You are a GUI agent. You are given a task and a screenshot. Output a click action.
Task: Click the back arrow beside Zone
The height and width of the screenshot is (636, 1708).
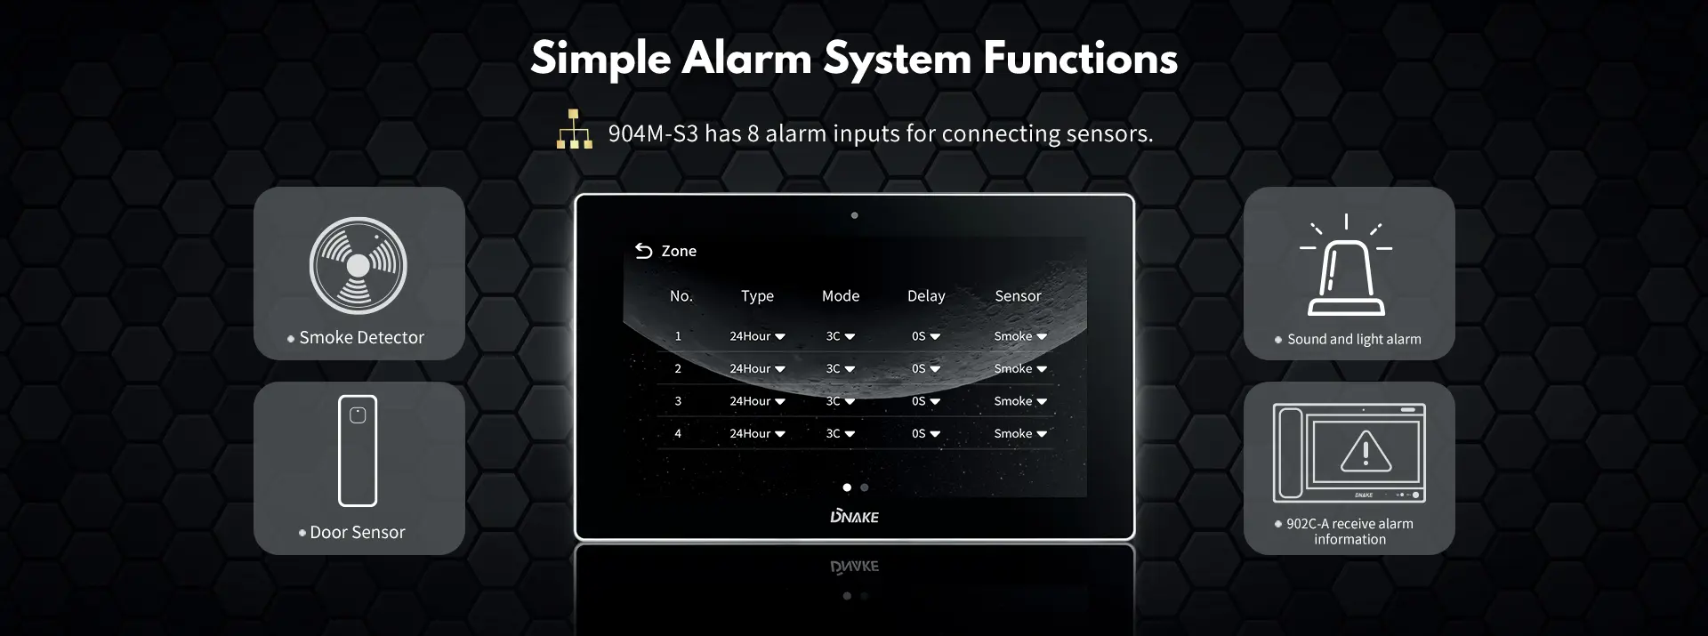643,251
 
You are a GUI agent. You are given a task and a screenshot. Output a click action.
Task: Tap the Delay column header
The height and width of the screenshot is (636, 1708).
926,296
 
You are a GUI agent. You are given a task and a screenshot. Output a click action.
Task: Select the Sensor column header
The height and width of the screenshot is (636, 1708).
1018,296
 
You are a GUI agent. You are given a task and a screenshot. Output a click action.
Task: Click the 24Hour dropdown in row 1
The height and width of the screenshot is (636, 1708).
757,336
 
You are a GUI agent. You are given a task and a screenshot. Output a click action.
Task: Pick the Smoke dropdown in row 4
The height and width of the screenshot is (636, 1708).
1020,433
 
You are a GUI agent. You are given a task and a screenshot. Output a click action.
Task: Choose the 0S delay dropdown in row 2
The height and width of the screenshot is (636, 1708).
926,368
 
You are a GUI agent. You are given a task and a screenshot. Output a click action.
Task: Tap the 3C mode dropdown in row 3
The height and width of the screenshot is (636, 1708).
841,401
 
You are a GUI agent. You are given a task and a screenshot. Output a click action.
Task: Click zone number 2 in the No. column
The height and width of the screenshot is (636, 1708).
678,368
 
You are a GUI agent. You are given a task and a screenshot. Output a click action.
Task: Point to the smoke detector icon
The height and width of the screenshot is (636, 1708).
359,265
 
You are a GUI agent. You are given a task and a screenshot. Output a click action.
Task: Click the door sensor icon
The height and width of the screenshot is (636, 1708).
358,450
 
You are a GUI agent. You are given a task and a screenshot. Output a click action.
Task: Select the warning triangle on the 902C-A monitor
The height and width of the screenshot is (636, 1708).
1366,451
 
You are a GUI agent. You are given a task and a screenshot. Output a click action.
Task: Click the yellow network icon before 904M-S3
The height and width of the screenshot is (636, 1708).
575,129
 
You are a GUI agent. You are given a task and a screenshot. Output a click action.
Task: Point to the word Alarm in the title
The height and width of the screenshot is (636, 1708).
746,59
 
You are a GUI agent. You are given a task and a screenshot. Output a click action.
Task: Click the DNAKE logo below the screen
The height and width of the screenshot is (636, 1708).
854,517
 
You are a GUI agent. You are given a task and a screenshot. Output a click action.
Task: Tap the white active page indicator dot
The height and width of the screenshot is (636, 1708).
847,487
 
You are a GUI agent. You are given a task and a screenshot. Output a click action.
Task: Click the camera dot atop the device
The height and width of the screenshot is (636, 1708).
854,215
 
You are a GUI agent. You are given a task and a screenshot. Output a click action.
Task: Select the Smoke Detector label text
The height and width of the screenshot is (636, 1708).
362,338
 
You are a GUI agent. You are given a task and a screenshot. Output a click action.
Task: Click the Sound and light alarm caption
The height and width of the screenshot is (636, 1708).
1354,339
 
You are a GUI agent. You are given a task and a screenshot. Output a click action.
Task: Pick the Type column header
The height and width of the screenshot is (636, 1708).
757,296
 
